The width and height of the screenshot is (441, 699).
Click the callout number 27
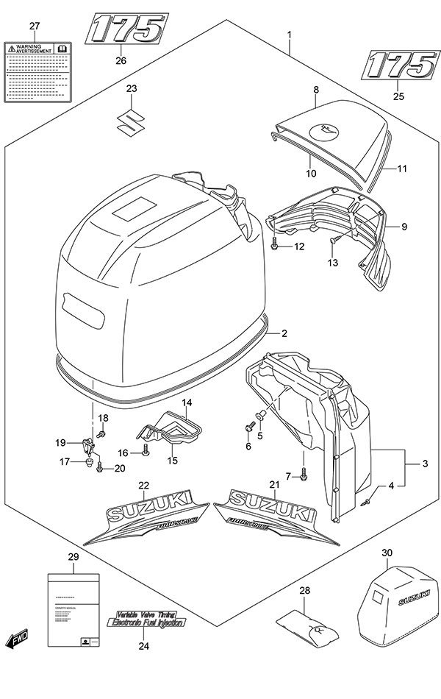coord(34,26)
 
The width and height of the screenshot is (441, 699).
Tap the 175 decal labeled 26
coord(126,30)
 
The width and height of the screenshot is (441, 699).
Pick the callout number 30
coord(387,553)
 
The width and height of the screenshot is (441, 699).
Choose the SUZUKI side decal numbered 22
coord(151,517)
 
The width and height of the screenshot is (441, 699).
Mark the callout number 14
coord(187,403)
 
